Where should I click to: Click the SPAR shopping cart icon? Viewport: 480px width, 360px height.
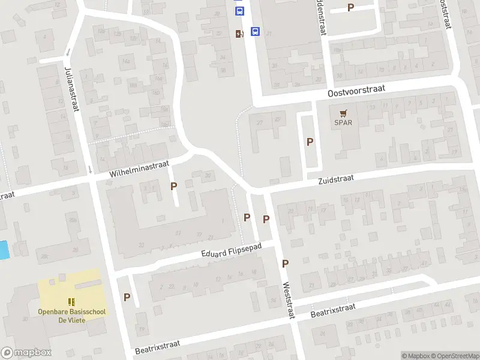click(343, 113)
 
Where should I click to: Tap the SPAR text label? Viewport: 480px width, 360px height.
click(343, 123)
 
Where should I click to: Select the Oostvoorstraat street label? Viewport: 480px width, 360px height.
click(356, 91)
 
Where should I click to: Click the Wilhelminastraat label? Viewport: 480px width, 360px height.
click(140, 168)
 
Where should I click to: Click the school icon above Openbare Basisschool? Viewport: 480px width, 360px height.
click(71, 302)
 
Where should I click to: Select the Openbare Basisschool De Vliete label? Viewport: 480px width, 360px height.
click(71, 316)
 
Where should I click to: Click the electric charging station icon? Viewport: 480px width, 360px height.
click(239, 34)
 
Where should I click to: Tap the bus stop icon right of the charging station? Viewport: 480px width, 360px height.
click(254, 32)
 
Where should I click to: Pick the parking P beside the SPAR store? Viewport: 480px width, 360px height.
click(310, 142)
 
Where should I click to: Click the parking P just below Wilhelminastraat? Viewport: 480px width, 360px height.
click(174, 186)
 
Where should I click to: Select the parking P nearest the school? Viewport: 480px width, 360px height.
click(127, 296)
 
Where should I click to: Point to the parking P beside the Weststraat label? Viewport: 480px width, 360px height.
click(286, 263)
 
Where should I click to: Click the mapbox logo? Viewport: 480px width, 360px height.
click(26, 353)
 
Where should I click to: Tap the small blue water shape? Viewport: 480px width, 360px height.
click(4, 250)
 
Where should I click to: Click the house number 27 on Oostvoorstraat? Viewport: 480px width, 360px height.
click(260, 122)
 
